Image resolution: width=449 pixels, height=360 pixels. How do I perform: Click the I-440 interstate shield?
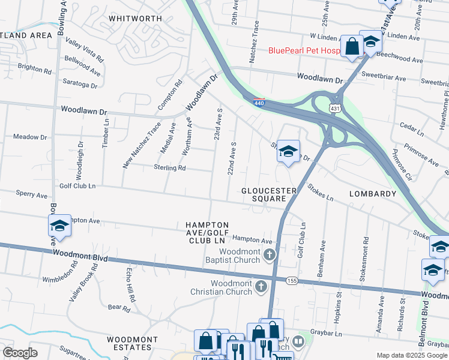point(259,103)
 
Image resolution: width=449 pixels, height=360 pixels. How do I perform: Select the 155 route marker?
point(292,281)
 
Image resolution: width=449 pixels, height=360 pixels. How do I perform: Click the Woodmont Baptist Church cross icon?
point(270,256)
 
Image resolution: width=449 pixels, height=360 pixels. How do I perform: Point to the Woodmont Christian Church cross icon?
point(261,287)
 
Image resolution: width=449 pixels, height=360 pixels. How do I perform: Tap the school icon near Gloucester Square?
point(288,151)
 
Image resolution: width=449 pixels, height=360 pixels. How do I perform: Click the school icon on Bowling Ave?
point(59,226)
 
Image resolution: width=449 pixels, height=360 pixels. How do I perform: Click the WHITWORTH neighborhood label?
point(136,19)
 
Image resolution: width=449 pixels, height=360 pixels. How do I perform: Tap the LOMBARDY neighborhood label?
point(373,194)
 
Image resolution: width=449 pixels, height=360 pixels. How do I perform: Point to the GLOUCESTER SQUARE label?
point(269,195)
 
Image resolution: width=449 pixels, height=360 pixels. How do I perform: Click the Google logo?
point(20,353)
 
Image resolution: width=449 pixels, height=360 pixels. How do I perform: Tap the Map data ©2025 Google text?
point(411,355)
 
